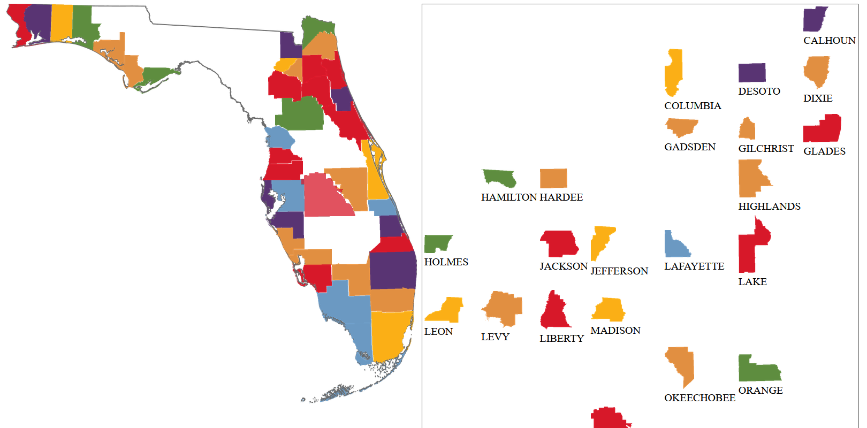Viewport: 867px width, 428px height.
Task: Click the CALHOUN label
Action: [x=829, y=41]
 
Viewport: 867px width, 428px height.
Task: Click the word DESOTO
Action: [x=759, y=91]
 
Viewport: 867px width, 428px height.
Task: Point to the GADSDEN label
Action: [x=689, y=147]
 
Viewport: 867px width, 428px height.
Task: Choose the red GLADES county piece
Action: [x=823, y=129]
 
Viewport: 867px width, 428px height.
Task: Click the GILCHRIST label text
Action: [x=766, y=149]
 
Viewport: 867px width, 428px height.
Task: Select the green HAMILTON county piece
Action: [x=499, y=178]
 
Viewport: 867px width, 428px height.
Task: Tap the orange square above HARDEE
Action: [x=553, y=178]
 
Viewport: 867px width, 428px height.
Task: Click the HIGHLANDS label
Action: [x=769, y=207]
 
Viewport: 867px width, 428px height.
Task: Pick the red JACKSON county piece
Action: [x=559, y=243]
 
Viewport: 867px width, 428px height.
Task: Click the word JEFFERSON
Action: [x=619, y=271]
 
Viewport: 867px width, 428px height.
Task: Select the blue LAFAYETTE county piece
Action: [x=675, y=246]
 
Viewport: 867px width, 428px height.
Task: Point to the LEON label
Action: [x=438, y=332]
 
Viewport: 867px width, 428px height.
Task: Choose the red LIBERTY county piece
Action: [x=554, y=314]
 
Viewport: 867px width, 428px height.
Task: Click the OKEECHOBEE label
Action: [x=699, y=398]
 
